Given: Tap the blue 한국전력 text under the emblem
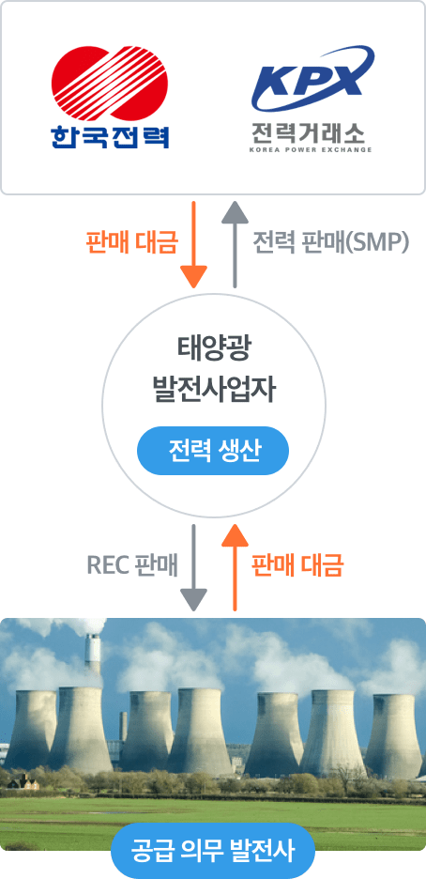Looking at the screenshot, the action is (x=110, y=136).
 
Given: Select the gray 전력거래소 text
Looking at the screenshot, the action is (x=308, y=132).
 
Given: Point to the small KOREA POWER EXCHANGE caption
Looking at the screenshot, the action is (x=311, y=150).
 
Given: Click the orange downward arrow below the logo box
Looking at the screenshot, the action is (x=193, y=244).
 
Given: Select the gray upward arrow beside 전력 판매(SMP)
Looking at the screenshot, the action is (x=235, y=244).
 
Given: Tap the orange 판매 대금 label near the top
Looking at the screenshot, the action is (x=132, y=242).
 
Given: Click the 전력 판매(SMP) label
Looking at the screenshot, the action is (x=331, y=242).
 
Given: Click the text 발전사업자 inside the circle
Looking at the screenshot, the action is (x=213, y=391).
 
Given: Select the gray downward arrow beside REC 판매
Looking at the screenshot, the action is (x=193, y=567).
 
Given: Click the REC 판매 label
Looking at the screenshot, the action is (x=132, y=566).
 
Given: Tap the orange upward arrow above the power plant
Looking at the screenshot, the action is (x=235, y=567).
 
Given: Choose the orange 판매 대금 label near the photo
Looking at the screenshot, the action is (x=297, y=566).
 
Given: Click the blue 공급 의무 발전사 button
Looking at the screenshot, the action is (x=213, y=850).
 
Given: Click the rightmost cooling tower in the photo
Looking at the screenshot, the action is (x=393, y=735).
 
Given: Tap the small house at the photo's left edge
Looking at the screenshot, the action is (x=25, y=782).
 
